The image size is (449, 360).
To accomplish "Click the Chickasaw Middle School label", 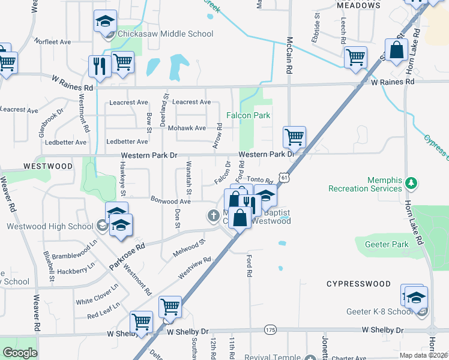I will click(166, 34).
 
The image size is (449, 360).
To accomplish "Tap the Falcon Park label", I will click(248, 115).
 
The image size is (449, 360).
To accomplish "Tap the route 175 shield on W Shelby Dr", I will click(270, 330).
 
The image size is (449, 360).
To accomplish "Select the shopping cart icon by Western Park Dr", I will click(294, 137).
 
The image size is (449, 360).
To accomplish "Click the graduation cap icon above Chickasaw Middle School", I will click(105, 21).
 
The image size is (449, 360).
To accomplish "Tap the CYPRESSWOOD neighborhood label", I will click(358, 283).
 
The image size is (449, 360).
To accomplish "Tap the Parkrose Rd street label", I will click(127, 255).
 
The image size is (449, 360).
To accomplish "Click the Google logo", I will click(20, 353).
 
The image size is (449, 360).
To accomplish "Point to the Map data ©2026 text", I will click(424, 355).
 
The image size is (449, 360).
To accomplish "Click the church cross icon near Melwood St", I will click(213, 215).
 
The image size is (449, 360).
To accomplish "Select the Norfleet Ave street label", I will click(53, 42).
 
